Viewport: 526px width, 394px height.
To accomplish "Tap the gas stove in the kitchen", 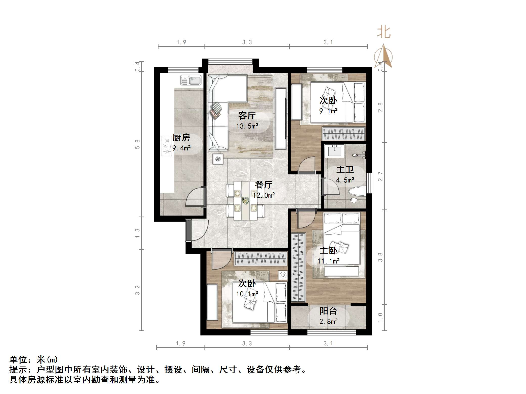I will tap(166, 146).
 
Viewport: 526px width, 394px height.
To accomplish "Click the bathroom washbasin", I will tap(334, 151).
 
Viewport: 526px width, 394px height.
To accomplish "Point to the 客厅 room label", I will tap(247, 116).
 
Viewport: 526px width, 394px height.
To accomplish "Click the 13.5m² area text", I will tap(247, 126).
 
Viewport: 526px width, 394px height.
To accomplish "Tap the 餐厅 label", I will tap(263, 185).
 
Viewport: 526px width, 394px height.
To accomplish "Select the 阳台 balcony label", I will tap(328, 311).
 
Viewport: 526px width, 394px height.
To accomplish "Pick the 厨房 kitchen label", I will tap(181, 138).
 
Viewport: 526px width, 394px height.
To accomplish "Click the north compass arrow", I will tap(384, 56).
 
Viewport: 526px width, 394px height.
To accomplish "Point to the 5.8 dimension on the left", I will tap(137, 144).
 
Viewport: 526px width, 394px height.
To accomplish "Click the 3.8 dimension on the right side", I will tap(380, 257).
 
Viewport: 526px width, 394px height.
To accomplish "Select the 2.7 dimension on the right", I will tap(380, 176).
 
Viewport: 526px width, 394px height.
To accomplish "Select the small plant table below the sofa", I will tap(218, 159).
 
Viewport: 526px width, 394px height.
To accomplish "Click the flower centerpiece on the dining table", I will tap(245, 200).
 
